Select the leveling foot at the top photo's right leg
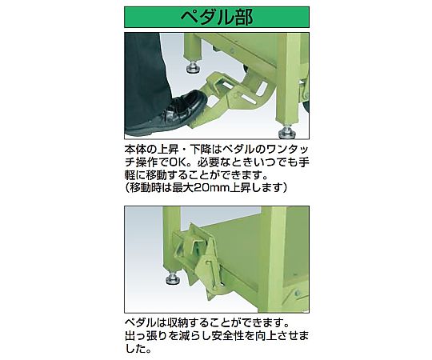(x=286, y=130)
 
